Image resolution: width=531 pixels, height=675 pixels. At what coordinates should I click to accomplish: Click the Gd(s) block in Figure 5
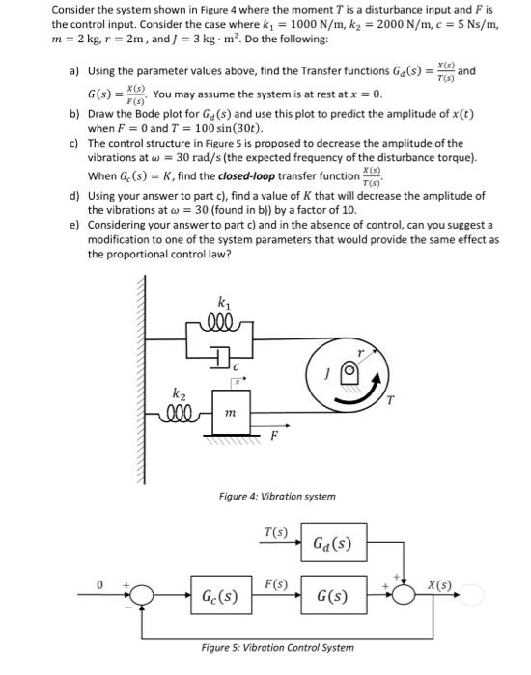click(x=333, y=544)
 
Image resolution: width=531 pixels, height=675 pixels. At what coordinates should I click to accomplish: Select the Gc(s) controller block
click(x=221, y=596)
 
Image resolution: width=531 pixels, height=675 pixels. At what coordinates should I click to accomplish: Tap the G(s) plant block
click(x=333, y=596)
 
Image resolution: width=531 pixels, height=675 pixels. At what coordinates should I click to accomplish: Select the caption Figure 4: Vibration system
click(x=276, y=496)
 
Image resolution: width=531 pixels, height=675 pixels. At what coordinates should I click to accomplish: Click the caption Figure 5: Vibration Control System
click(x=277, y=647)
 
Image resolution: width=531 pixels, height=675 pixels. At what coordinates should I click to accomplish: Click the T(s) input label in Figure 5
click(x=274, y=532)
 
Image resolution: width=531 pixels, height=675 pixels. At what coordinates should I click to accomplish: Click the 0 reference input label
click(x=97, y=584)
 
